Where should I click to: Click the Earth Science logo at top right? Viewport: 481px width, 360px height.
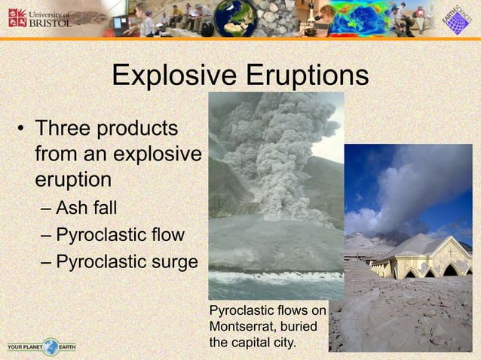coord(455,19)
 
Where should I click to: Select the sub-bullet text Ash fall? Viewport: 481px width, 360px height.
coord(87,207)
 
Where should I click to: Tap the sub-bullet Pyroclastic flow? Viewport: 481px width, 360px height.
coord(120,235)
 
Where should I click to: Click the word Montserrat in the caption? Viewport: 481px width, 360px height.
coord(245,326)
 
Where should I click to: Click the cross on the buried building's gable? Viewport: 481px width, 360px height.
coord(450,253)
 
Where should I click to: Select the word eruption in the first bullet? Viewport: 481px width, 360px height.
coord(73,181)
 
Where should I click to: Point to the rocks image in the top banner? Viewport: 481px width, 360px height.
coord(277,18)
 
